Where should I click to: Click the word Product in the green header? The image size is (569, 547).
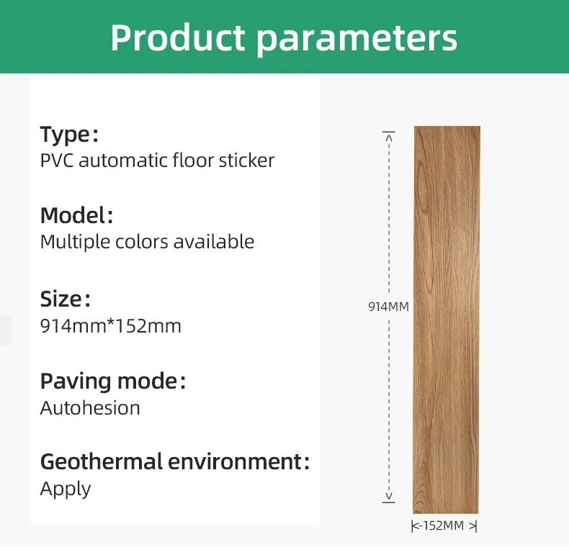point(178,37)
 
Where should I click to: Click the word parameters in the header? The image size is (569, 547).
point(357,40)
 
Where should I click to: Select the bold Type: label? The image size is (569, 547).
point(69,135)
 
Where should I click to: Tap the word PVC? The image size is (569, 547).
point(57,161)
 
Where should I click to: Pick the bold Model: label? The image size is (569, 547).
point(76,215)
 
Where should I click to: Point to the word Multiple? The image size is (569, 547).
point(75,243)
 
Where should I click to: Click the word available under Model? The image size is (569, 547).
point(214,242)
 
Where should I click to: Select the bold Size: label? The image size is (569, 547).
point(65,299)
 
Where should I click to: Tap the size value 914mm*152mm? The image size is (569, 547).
point(111,326)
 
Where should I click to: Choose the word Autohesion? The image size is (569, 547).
point(90,408)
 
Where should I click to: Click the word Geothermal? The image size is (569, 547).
point(102,461)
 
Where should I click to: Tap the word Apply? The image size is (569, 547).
point(66,489)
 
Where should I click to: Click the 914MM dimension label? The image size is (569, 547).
point(388,307)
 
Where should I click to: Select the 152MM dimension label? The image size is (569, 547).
point(444,525)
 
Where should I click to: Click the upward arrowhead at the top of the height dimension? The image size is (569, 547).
point(389,137)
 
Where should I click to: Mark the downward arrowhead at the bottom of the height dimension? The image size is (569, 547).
point(389,496)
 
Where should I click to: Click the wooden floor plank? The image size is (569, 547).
point(447,320)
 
